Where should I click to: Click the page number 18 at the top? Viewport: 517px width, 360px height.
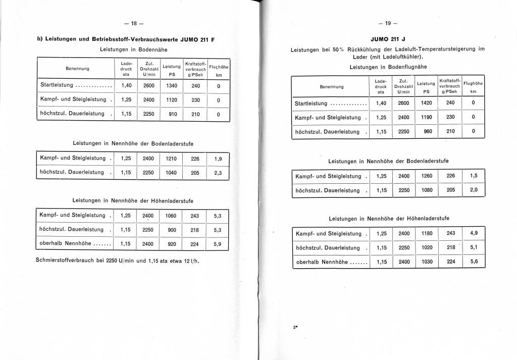(134, 23)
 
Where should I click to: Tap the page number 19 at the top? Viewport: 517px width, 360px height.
(388, 23)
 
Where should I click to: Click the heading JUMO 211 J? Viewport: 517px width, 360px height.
(388, 40)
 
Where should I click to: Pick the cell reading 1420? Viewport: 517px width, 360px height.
(427, 103)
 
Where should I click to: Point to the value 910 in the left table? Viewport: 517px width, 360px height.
(173, 114)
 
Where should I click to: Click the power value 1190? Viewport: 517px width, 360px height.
(427, 118)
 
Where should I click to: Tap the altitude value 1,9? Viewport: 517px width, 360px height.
(218, 159)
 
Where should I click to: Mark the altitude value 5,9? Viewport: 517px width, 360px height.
(218, 244)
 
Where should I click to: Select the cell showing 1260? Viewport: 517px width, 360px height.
(427, 176)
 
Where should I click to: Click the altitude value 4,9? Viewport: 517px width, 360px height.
(474, 233)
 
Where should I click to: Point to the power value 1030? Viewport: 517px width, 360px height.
(427, 262)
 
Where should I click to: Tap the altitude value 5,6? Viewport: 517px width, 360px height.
(474, 262)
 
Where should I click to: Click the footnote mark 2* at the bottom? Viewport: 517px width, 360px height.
(295, 327)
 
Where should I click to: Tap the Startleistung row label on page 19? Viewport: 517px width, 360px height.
(312, 104)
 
